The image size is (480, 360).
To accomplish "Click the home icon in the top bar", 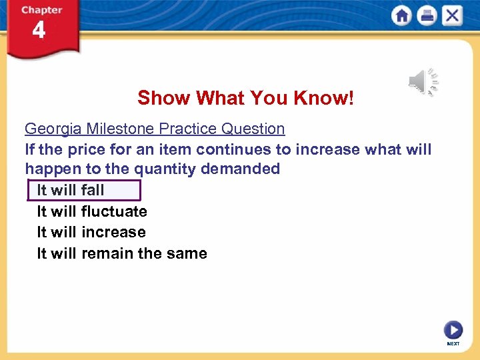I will [x=402, y=15].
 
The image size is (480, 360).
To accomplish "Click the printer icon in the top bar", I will [x=427, y=15].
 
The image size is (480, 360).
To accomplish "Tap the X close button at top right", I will [x=452, y=15].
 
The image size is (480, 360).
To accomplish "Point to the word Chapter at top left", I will [x=41, y=10].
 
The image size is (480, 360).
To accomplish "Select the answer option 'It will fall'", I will [x=71, y=190].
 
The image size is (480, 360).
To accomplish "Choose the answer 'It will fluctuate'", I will [x=92, y=211].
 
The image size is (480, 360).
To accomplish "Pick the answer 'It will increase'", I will [x=91, y=232].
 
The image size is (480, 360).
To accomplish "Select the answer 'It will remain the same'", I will [x=122, y=253].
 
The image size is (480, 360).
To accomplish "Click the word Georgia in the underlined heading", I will [x=51, y=129].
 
